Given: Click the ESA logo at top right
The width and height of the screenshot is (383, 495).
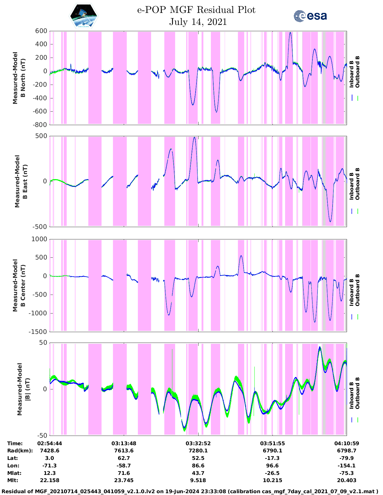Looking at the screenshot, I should tap(310, 16).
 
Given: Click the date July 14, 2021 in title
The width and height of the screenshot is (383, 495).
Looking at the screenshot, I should tap(198, 22).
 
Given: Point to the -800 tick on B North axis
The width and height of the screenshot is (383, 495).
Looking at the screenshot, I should tap(40, 124).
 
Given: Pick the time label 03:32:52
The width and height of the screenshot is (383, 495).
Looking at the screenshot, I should tap(198, 443).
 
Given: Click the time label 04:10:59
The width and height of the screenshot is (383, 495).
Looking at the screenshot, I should tap(347, 443).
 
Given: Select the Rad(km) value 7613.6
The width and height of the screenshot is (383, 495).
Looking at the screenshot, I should tap(124, 451).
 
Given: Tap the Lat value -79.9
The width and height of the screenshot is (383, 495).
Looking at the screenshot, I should tap(347, 458).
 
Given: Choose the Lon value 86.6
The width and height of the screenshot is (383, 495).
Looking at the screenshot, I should tap(198, 466).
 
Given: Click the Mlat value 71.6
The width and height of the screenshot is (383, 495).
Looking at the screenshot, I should tap(124, 473).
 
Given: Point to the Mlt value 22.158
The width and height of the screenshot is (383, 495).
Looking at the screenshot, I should tap(50, 480).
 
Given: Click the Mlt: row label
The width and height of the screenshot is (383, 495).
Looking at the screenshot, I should tap(13, 480).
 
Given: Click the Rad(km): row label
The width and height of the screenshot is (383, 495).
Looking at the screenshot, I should tap(20, 451).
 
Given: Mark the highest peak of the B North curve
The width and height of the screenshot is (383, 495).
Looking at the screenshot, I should tap(290, 32).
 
